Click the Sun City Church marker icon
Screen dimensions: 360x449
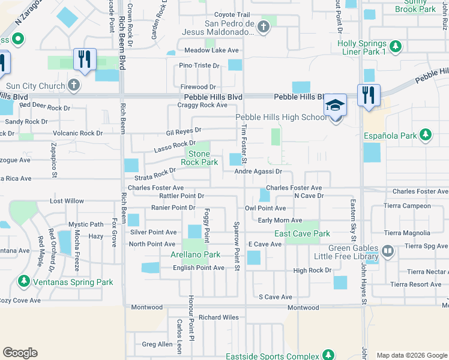[x=73, y=86]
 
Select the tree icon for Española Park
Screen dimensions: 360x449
[x=426, y=135]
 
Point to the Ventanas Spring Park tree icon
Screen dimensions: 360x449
[x=24, y=281]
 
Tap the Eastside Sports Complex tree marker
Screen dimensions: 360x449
[x=328, y=355]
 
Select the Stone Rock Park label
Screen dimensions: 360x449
[x=200, y=158]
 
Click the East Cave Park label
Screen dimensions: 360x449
[x=302, y=233]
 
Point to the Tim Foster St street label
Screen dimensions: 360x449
[x=244, y=143]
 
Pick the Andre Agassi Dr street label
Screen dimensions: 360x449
[x=258, y=172]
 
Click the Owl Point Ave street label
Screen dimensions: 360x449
[x=265, y=208]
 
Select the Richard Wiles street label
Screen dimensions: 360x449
[x=218, y=317]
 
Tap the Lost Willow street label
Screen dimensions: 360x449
[x=67, y=201]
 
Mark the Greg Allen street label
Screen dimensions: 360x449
[x=157, y=344]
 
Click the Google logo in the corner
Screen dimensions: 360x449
[x=20, y=353]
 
